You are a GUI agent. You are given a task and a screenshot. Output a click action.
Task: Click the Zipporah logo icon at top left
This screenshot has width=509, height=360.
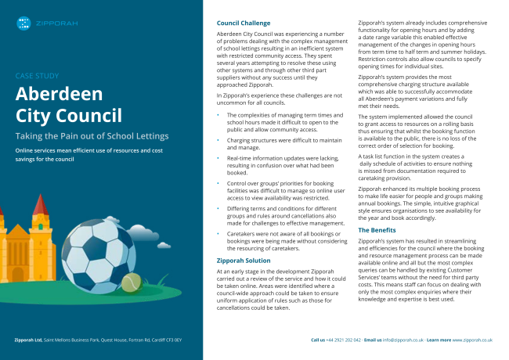(24, 23)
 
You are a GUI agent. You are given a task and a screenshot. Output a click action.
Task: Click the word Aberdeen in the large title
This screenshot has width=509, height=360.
(60, 95)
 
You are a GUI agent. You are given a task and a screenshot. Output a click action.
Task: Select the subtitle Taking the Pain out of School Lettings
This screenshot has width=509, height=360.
(91, 135)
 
